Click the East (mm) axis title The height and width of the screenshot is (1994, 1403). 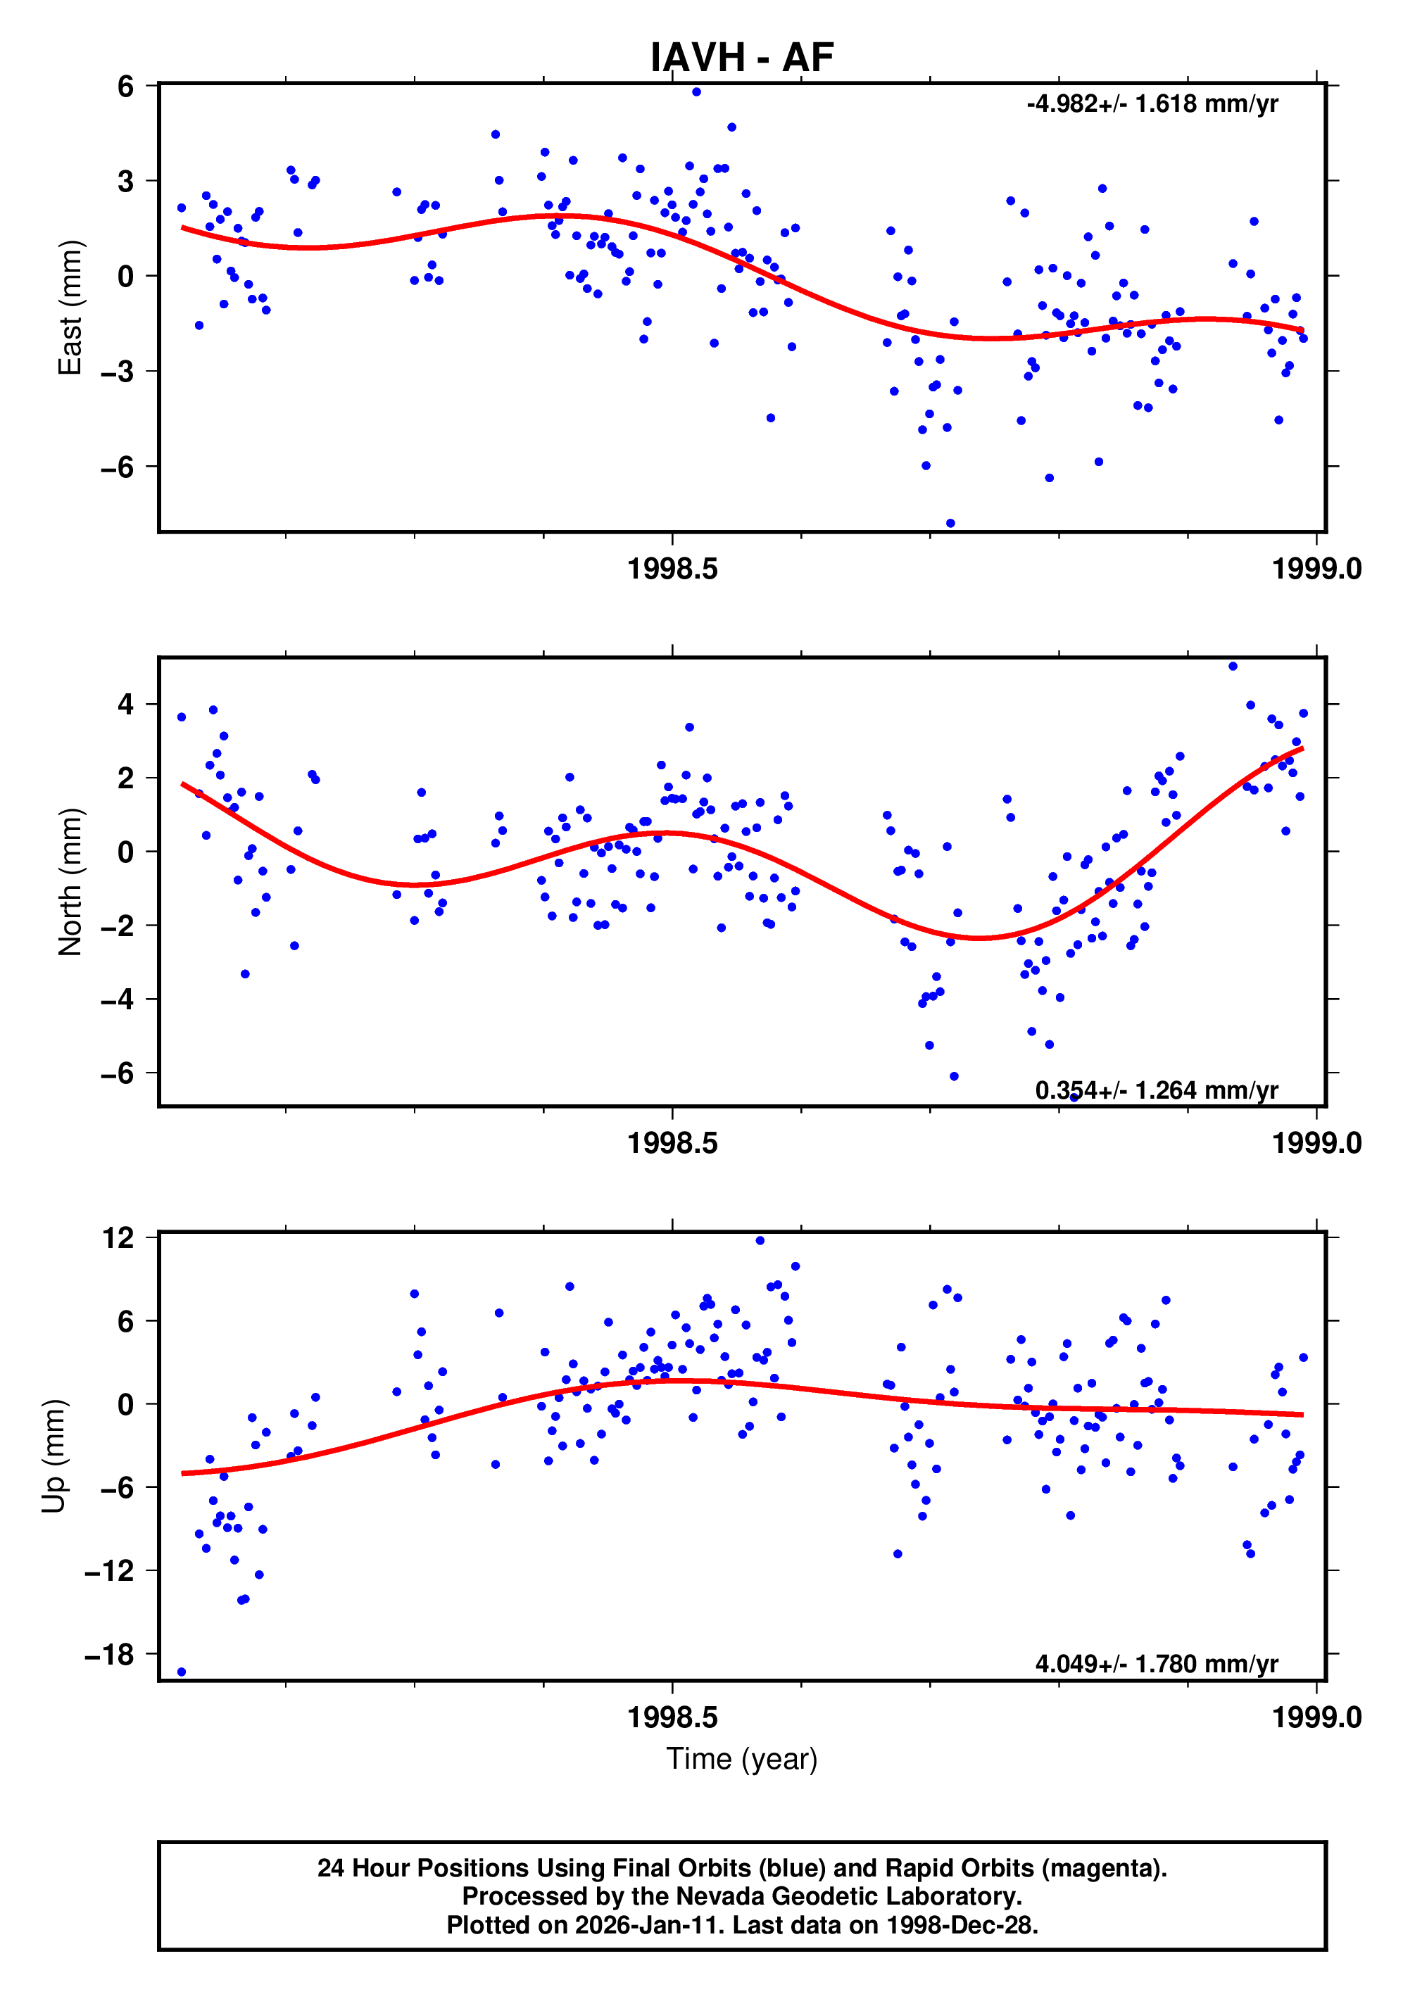pos(70,308)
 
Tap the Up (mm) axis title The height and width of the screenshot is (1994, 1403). pos(54,1456)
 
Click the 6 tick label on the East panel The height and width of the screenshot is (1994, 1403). pos(126,86)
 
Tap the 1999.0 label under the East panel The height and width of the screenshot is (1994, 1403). pos(1316,569)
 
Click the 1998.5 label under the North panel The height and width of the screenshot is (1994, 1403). pos(672,1143)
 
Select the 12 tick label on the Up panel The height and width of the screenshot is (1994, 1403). pos(118,1237)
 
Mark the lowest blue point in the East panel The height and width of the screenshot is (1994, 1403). pos(950,524)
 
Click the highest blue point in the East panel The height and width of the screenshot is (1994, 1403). pos(696,92)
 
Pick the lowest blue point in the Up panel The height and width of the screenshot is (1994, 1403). pos(182,1672)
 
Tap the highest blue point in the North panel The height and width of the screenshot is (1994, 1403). pos(1233,666)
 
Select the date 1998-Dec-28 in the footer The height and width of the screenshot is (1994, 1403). pos(961,1924)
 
